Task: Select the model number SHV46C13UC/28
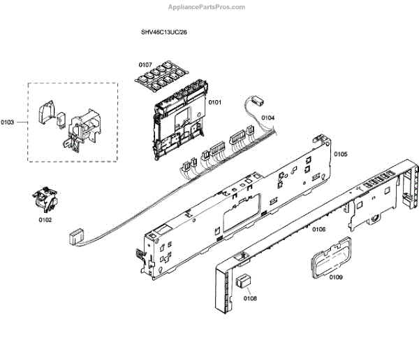pyautogui.click(x=163, y=32)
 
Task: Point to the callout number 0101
pyautogui.click(x=214, y=102)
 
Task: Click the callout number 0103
pyautogui.click(x=9, y=122)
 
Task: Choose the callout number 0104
pyautogui.click(x=267, y=118)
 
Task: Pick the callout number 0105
pyautogui.click(x=340, y=153)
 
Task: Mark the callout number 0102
pyautogui.click(x=45, y=219)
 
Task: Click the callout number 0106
pyautogui.click(x=318, y=229)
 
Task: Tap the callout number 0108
pyautogui.click(x=250, y=298)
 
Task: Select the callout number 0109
pyautogui.click(x=335, y=277)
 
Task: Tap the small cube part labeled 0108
pyautogui.click(x=243, y=281)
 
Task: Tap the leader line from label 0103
pyautogui.click(x=22, y=122)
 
